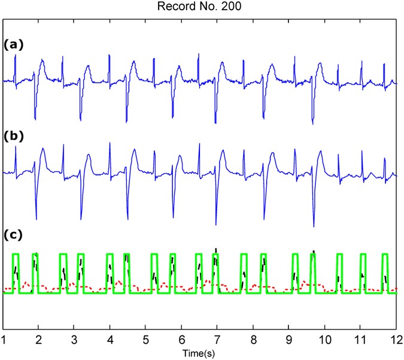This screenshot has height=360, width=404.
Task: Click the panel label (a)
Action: [12, 44]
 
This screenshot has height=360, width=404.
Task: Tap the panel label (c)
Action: [12, 235]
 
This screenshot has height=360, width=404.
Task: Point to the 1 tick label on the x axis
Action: [4, 340]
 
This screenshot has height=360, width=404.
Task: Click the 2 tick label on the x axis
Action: [39, 340]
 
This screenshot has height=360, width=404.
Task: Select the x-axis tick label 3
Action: [75, 340]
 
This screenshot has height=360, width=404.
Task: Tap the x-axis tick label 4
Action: [110, 340]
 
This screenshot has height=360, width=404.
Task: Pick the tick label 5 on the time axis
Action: [146, 340]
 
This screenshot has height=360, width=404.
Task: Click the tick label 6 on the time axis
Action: [181, 340]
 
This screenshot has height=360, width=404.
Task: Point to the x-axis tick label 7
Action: [217, 340]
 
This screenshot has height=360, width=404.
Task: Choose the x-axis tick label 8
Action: [253, 340]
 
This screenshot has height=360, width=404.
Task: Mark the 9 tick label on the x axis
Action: [288, 340]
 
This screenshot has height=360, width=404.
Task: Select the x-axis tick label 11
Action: [360, 340]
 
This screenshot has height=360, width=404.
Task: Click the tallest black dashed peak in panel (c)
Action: [215, 249]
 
